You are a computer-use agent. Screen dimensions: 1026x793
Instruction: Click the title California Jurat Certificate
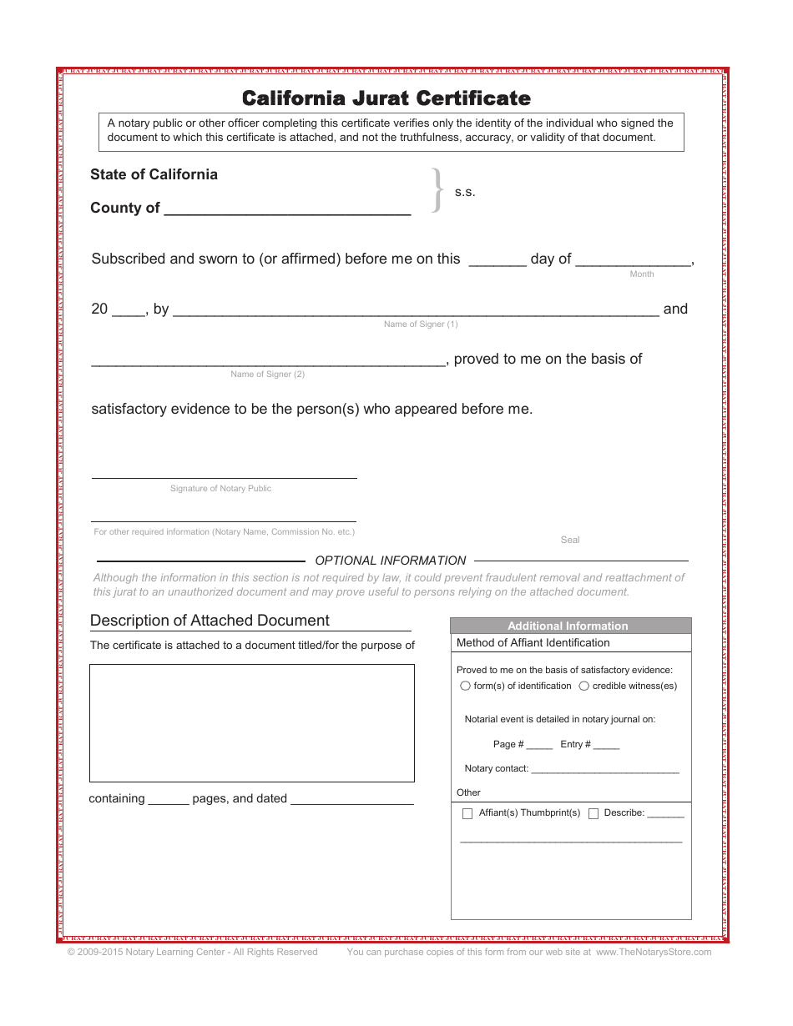pyautogui.click(x=386, y=98)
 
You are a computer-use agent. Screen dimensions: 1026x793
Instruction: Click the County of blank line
pyautogui.click(x=287, y=210)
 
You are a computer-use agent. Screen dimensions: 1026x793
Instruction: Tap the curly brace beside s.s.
pyautogui.click(x=437, y=191)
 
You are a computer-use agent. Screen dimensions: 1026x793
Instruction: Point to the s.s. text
pyautogui.click(x=465, y=193)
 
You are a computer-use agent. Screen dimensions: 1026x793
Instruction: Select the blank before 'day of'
pyautogui.click(x=497, y=261)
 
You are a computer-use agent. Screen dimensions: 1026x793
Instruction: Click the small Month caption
pyautogui.click(x=642, y=274)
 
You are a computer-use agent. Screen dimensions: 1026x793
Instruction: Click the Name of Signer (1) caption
pyautogui.click(x=421, y=324)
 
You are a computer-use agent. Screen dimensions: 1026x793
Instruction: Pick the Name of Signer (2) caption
pyautogui.click(x=267, y=375)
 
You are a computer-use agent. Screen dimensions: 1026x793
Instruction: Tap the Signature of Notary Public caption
pyautogui.click(x=220, y=489)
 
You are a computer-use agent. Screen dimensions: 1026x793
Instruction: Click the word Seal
pyautogui.click(x=570, y=540)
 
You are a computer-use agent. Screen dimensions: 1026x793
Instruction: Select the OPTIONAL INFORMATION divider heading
pyautogui.click(x=390, y=561)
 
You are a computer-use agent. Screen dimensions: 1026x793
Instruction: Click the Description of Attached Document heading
pyautogui.click(x=210, y=621)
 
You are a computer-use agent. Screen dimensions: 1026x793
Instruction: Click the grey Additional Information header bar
pyautogui.click(x=568, y=626)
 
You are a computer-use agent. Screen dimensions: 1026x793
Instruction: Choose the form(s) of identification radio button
pyautogui.click(x=465, y=687)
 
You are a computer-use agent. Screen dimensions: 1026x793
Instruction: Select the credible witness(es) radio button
pyautogui.click(x=584, y=687)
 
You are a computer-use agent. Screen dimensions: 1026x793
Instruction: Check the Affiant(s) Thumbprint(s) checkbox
pyautogui.click(x=467, y=814)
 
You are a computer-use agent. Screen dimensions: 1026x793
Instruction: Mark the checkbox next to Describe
pyautogui.click(x=593, y=814)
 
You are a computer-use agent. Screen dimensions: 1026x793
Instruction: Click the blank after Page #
pyautogui.click(x=539, y=746)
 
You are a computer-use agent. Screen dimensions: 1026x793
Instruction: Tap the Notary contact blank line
pyautogui.click(x=605, y=770)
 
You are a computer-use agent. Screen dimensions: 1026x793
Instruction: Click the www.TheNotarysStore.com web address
pyautogui.click(x=654, y=952)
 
